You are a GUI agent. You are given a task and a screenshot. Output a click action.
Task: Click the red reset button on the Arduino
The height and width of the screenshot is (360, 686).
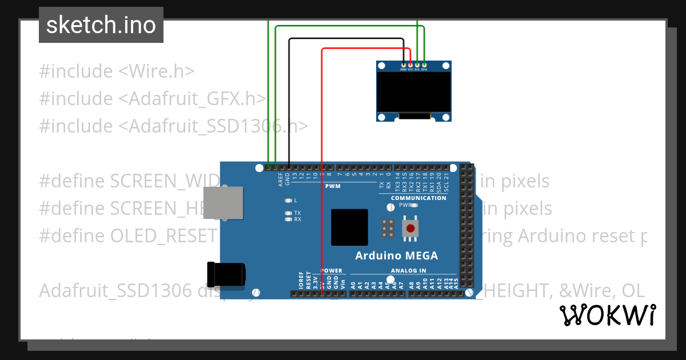[x=410, y=229]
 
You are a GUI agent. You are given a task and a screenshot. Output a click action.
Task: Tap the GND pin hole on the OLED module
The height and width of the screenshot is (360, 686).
[x=404, y=65]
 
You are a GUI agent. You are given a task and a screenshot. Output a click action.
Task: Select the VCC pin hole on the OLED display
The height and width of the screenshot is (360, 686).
[x=410, y=65]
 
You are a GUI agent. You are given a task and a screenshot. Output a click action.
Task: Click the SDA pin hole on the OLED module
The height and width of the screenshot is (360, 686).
[x=424, y=65]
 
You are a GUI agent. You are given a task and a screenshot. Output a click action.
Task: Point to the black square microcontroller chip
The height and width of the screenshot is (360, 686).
[x=349, y=227]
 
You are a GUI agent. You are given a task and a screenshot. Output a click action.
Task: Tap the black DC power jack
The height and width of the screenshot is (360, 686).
[x=226, y=275]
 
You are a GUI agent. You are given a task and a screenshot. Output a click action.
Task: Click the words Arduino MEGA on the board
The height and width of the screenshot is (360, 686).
[x=397, y=255]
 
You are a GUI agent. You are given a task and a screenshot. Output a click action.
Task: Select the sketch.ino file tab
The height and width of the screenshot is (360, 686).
[x=101, y=25]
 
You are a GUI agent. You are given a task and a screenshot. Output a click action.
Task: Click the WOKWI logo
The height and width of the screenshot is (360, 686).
[x=608, y=315]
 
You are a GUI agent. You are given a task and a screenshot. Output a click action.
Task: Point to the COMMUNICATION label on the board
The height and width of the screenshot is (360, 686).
[x=418, y=198]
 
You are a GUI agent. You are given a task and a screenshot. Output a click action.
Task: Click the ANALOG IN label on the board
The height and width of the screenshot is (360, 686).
[x=408, y=270]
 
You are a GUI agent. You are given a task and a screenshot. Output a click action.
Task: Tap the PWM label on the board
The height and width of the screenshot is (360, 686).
[x=333, y=186]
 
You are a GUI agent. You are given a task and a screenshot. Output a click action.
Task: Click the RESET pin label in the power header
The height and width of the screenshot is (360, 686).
[x=308, y=279]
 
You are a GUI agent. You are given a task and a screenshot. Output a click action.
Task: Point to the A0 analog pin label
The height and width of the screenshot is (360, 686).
[x=353, y=283]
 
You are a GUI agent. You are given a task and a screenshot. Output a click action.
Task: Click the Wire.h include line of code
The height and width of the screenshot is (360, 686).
[x=117, y=71]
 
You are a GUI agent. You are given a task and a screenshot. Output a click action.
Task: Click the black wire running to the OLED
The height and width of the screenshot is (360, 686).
[x=289, y=103]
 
